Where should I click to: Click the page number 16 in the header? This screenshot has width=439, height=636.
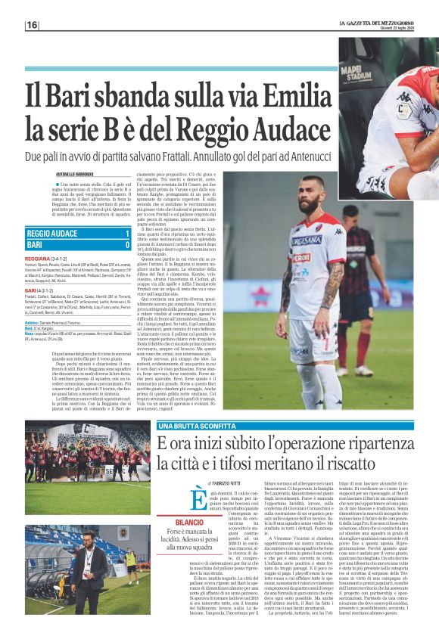32,26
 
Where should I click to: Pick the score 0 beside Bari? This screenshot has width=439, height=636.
127,245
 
